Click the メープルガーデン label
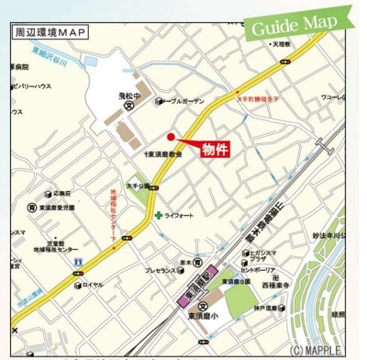(x=187, y=102)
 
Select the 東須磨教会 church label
(x=165, y=155)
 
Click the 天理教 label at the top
(x=282, y=44)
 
